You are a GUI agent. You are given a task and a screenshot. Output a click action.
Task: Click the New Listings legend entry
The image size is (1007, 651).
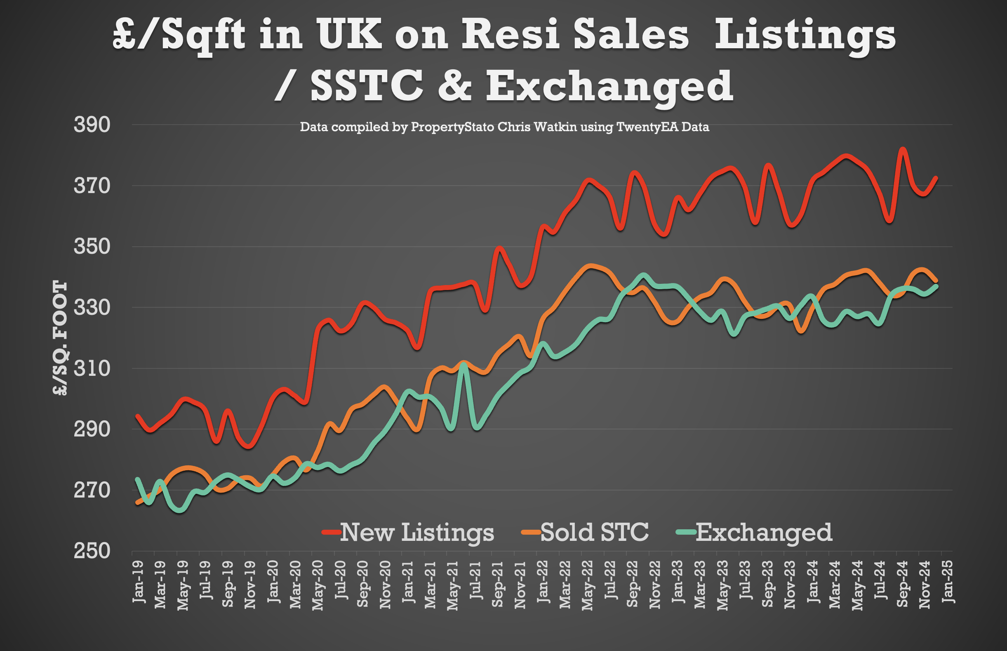point(407,532)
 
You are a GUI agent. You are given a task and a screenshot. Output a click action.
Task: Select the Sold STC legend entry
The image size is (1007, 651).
point(585,532)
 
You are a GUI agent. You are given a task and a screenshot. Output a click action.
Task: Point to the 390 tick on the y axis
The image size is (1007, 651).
point(92,125)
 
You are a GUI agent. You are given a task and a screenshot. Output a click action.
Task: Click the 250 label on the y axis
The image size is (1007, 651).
point(92,551)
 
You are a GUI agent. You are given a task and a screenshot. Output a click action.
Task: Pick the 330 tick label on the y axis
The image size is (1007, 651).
point(92,307)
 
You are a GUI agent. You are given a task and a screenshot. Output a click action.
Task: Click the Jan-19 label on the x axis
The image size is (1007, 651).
point(138,582)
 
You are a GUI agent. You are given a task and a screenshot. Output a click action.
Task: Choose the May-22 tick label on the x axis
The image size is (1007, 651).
point(588,585)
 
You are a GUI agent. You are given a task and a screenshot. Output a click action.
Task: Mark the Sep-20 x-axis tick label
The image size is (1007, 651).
point(362,584)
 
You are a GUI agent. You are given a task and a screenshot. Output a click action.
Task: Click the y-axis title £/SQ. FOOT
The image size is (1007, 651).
point(61,338)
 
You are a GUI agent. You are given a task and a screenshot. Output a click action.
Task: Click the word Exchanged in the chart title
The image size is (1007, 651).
point(609,87)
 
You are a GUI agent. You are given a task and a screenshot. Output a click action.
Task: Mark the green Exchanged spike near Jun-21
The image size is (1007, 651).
point(464,364)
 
